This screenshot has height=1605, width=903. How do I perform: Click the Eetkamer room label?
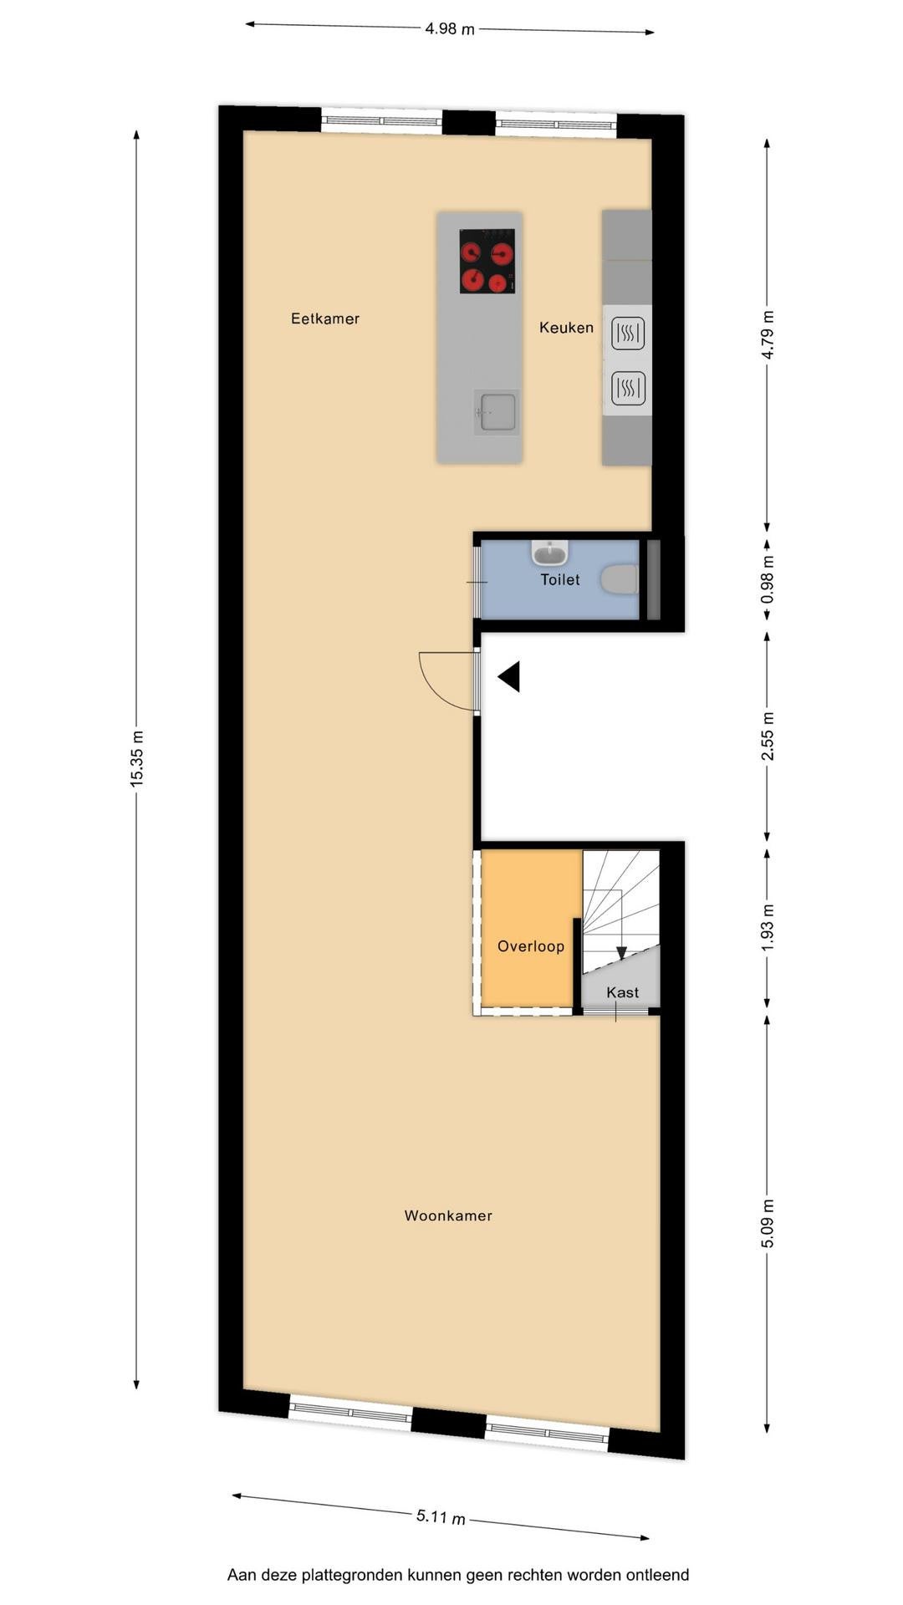[325, 318]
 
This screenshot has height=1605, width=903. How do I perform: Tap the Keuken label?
[566, 328]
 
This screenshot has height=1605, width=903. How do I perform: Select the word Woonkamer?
[448, 1215]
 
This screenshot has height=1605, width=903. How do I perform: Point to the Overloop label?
[531, 946]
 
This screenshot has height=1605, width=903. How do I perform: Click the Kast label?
[623, 992]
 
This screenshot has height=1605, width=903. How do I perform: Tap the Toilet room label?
[560, 579]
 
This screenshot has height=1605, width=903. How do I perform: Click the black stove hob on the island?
[487, 261]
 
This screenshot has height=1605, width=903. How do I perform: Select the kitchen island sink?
[496, 412]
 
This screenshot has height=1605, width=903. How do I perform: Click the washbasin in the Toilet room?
[550, 552]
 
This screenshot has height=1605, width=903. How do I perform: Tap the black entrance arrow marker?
[510, 676]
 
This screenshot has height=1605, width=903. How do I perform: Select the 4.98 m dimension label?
[450, 29]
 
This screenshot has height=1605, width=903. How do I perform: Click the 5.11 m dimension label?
[441, 1516]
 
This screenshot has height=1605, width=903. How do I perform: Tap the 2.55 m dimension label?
[768, 736]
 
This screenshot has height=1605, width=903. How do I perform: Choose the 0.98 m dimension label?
[768, 579]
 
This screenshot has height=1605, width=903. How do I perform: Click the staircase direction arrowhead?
[621, 953]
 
